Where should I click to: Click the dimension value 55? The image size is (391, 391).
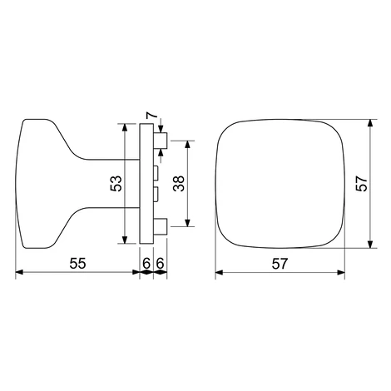click(x=77, y=263)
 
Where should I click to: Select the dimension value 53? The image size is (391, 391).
click(x=116, y=183)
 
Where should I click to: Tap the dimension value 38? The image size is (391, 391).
click(x=179, y=183)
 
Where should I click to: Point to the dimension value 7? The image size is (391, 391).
click(x=151, y=115)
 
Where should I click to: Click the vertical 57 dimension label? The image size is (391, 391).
click(x=361, y=183)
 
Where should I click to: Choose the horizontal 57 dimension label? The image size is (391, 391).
click(x=280, y=263)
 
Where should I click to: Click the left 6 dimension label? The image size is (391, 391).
click(x=146, y=263)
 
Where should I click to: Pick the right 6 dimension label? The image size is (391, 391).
click(x=160, y=263)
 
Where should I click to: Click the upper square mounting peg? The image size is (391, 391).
click(x=161, y=141)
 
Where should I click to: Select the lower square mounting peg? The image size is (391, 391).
click(x=161, y=227)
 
